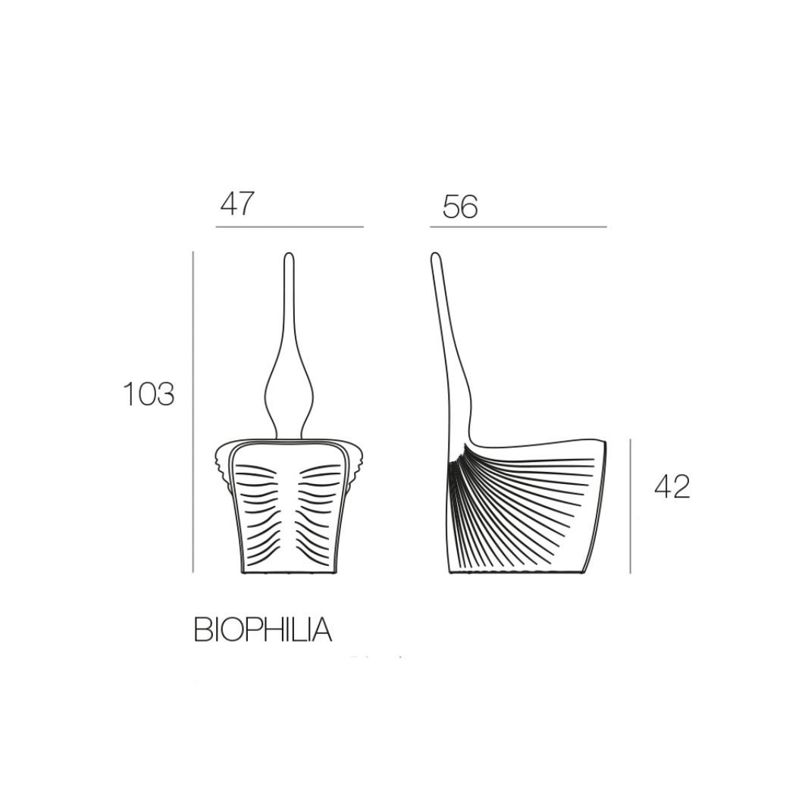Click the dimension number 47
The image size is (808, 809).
point(237,204)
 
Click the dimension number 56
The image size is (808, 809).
point(460,206)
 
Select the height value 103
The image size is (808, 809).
point(149,394)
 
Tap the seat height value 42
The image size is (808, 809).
point(672,486)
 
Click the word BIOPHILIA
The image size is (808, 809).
point(262,630)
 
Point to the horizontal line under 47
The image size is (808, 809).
point(290,226)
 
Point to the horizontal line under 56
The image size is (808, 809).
point(518,226)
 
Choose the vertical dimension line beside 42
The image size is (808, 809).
point(630,505)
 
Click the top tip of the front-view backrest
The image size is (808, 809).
point(289,255)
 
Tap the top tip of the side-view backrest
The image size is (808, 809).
point(434,255)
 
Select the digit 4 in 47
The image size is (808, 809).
point(228,204)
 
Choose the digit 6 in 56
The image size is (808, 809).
point(469,206)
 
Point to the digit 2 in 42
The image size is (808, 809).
point(681,486)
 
